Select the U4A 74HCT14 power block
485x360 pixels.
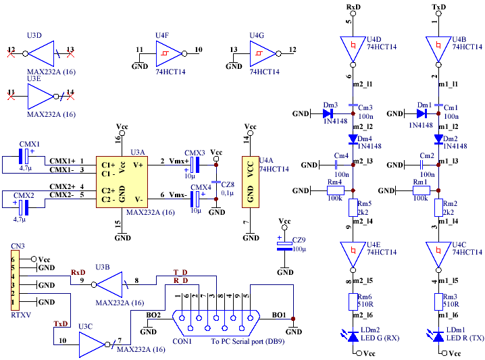point(251,181)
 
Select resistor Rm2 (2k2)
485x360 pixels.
point(438,207)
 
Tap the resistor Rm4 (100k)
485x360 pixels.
point(336,190)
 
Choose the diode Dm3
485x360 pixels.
point(330,114)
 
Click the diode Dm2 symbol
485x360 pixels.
point(438,139)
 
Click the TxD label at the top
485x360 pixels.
point(438,7)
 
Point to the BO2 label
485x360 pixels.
point(154,315)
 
